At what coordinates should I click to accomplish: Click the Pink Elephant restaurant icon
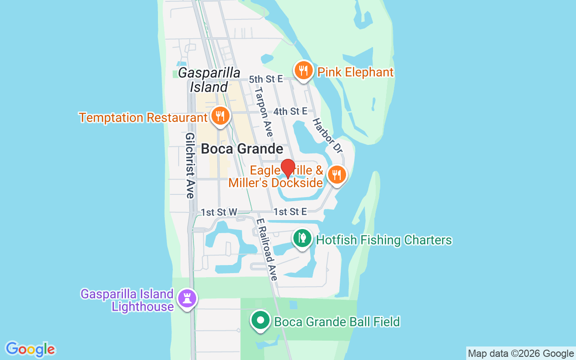click(304, 71)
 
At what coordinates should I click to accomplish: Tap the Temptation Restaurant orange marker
click(220, 116)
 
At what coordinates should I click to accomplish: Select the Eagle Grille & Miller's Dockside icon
click(337, 175)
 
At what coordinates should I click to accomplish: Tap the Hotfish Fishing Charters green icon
click(302, 238)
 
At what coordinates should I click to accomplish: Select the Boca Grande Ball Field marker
click(260, 321)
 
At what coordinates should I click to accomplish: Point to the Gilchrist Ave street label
click(190, 165)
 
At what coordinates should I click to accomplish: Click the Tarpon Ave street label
click(264, 112)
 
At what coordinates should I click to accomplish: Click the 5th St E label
click(266, 79)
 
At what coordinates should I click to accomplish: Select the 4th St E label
click(290, 111)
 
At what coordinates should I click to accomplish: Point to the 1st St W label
click(219, 212)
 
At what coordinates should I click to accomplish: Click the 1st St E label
click(290, 212)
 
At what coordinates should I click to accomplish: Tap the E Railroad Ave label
click(266, 250)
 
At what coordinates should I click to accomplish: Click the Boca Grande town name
click(242, 149)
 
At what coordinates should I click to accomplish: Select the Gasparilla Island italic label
click(209, 80)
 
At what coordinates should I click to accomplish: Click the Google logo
click(31, 349)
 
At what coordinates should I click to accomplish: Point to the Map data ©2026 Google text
click(521, 354)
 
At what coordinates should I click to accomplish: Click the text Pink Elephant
click(355, 72)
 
